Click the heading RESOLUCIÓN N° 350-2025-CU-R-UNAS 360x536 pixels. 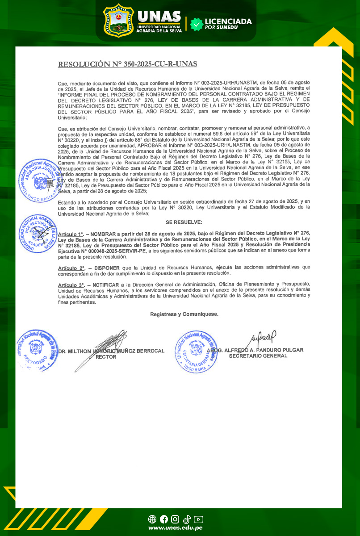point(127,64)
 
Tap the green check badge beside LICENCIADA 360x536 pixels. point(196,24)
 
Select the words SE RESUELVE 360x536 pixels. point(184,222)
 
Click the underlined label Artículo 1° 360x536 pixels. point(71,234)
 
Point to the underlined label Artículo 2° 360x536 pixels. point(71,267)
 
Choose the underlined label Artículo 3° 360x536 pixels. point(71,285)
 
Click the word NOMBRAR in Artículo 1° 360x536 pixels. point(103,234)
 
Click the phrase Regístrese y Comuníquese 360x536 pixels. point(184,314)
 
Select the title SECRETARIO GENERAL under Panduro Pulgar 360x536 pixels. point(258,356)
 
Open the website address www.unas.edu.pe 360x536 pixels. point(176,528)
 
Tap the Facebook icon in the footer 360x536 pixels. point(164,519)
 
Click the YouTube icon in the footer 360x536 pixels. point(199,519)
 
